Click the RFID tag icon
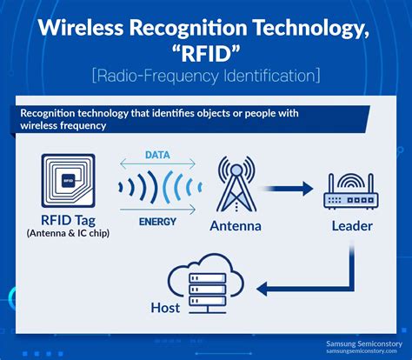point(70,181)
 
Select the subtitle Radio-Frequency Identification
point(206,77)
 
